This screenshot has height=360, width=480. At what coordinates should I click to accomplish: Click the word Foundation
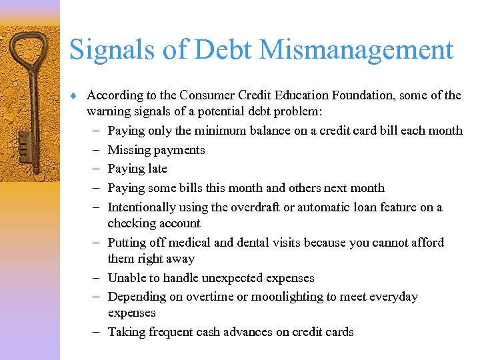point(365,95)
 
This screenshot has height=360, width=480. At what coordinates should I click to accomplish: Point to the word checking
point(129,223)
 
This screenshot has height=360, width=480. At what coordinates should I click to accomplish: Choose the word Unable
point(127,278)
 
